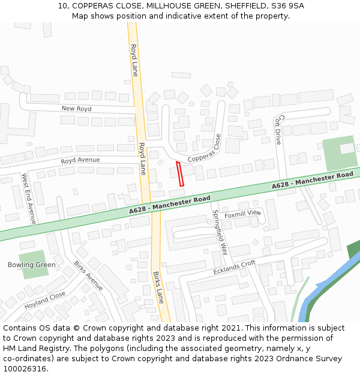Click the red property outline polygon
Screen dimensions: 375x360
click(x=180, y=174)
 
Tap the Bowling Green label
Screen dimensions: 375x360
click(x=31, y=265)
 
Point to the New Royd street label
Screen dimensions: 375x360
click(x=76, y=109)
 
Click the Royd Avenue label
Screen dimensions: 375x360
click(x=80, y=160)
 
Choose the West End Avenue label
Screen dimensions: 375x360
click(x=29, y=199)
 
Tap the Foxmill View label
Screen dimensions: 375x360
click(x=243, y=214)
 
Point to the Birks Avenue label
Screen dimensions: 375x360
click(x=88, y=275)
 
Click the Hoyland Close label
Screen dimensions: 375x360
click(x=45, y=300)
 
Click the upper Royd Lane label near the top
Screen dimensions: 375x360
click(x=134, y=60)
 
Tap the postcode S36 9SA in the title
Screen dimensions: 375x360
click(x=287, y=6)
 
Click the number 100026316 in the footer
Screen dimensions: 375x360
click(x=25, y=368)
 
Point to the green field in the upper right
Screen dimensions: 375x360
click(x=340, y=154)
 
